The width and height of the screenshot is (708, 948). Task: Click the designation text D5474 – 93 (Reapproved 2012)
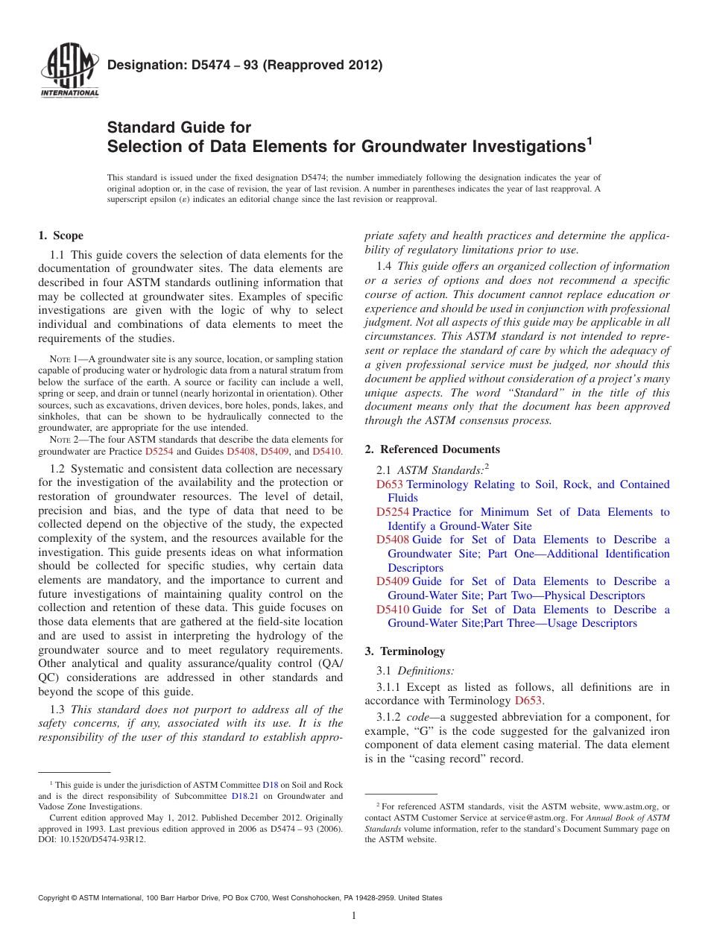coord(244,65)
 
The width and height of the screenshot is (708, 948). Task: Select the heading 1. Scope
coord(60,236)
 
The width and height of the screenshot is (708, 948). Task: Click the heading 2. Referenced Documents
coord(432,449)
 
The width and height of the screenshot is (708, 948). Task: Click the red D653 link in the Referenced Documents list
coord(390,484)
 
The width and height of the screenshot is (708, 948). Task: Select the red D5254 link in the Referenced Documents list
coord(393,512)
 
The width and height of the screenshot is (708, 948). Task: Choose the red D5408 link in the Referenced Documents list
coord(393,540)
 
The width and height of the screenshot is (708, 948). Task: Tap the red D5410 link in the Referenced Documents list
coord(393,610)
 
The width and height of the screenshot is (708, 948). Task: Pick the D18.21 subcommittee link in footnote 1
coord(244,796)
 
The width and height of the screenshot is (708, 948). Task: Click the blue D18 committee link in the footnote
coord(270,785)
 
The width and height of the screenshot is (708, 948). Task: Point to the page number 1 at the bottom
coord(354,916)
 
